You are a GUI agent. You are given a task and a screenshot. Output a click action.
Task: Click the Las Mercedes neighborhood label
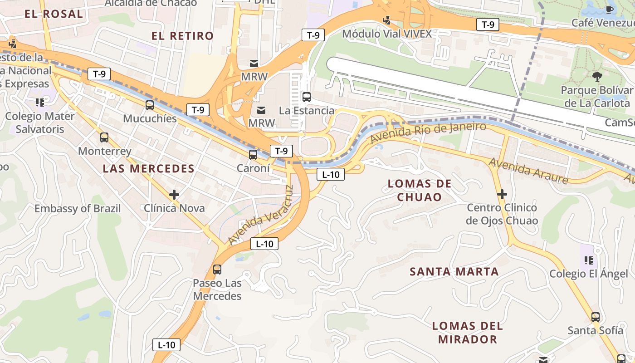[148, 169]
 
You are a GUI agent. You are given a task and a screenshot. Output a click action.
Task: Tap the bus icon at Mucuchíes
[150, 105]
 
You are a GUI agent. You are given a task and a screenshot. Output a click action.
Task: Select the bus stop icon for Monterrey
[104, 137]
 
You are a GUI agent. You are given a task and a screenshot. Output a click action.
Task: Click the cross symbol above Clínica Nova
[174, 195]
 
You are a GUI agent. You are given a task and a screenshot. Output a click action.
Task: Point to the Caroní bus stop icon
[253, 154]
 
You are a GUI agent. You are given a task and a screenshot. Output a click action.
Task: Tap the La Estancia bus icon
[307, 97]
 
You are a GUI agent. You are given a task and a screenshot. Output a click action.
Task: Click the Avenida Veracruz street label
[261, 215]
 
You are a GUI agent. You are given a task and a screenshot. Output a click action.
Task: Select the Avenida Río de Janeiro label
[428, 132]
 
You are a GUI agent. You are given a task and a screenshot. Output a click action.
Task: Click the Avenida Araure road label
[528, 171]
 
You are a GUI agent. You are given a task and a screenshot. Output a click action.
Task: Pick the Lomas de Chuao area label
[420, 190]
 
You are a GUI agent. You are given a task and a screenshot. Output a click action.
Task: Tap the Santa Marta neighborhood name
[454, 272]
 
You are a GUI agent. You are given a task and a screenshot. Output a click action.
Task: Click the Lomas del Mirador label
[468, 332]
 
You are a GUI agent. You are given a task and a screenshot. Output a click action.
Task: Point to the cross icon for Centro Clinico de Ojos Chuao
[502, 194]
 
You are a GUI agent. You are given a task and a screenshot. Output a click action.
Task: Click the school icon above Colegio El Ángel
[589, 260]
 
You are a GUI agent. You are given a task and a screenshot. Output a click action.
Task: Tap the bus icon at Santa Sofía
[596, 317]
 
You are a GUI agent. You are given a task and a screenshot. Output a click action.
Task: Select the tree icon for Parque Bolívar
[597, 76]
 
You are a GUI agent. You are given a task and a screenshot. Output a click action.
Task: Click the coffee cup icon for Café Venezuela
[610, 10]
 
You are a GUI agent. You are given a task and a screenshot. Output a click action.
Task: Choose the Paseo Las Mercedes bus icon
[217, 269]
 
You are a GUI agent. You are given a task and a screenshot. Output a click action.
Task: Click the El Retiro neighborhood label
[182, 36]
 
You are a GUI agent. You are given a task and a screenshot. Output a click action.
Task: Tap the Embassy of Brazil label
[78, 209]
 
